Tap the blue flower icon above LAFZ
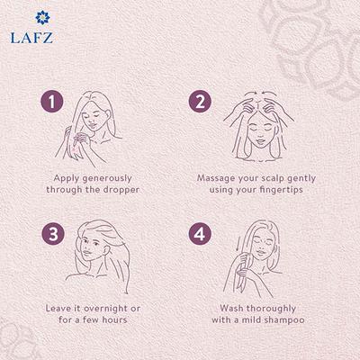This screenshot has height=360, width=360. click(x=31, y=18)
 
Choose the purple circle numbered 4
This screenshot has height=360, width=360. click(x=201, y=234)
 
